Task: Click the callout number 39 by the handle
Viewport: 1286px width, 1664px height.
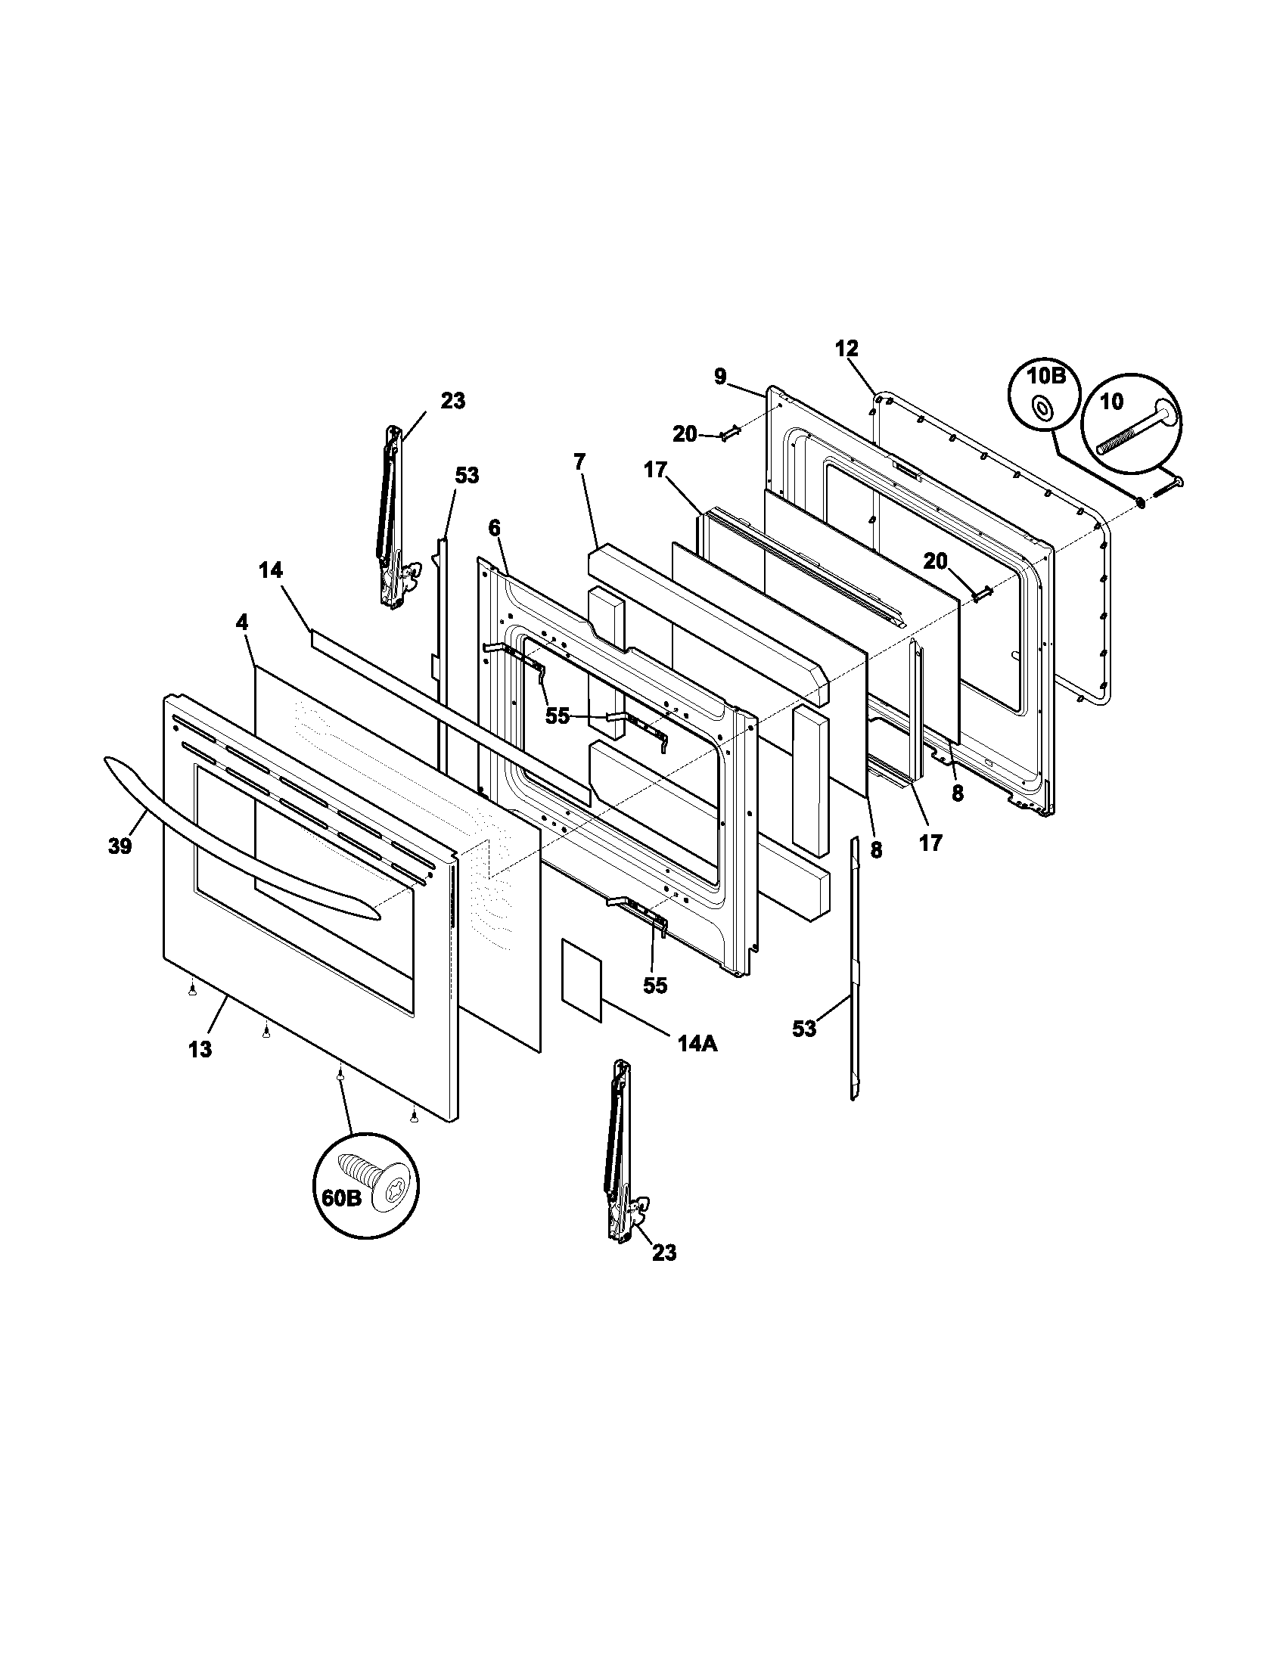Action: pyautogui.click(x=120, y=846)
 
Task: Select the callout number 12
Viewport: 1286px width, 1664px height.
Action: pyautogui.click(x=846, y=349)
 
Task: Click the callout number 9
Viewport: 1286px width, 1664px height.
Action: pyautogui.click(x=720, y=377)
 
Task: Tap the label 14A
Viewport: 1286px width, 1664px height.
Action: pyautogui.click(x=697, y=1043)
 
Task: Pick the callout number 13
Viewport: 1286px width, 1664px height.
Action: pyautogui.click(x=200, y=1049)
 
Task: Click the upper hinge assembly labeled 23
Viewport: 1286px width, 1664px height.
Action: pyautogui.click(x=393, y=518)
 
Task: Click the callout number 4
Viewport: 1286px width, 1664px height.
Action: pyautogui.click(x=241, y=622)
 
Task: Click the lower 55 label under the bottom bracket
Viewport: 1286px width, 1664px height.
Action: pyautogui.click(x=654, y=985)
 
